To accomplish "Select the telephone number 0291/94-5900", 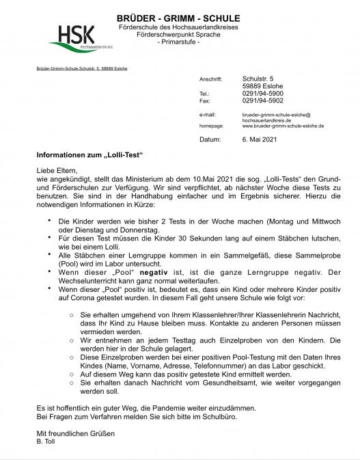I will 263,93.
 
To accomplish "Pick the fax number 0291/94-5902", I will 263,100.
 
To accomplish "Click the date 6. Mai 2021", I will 260,139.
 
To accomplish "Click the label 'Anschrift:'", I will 210,79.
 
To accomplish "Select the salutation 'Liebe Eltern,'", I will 58,170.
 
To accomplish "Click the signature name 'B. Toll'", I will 46,441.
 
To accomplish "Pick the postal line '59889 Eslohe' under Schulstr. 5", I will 264,86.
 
